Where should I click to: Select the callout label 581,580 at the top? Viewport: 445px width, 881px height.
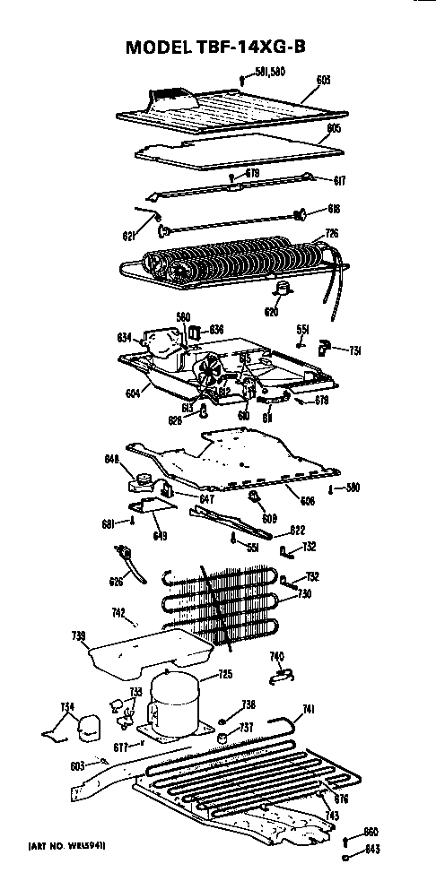[x=268, y=72]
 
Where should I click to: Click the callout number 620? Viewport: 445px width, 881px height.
[x=271, y=311]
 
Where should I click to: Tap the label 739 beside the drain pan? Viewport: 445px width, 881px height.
[x=77, y=637]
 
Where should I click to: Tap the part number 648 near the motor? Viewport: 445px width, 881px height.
[x=111, y=461]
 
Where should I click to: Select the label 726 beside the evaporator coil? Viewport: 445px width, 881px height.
[x=331, y=233]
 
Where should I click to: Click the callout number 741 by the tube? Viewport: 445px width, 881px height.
[x=308, y=709]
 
